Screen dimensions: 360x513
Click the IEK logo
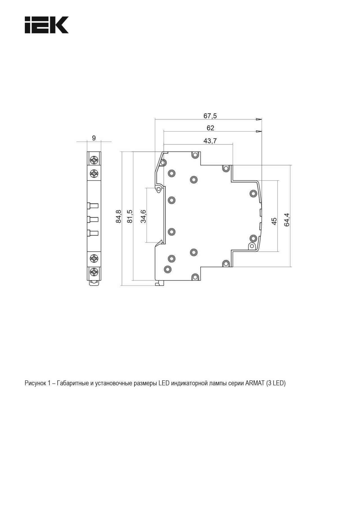click(x=46, y=25)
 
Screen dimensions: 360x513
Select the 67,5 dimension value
click(x=210, y=116)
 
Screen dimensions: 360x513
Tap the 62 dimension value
click(x=210, y=128)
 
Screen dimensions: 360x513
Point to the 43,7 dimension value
click(x=210, y=141)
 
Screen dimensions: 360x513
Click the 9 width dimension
click(x=94, y=138)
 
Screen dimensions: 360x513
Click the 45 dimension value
click(x=274, y=221)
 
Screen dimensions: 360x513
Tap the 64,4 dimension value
click(x=287, y=220)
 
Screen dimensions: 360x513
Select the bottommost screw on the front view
click(x=94, y=272)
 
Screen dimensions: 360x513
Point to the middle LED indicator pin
click(x=93, y=219)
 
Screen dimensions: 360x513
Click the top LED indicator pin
click(x=93, y=205)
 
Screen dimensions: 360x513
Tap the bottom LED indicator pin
click(x=93, y=233)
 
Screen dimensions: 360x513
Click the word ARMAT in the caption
click(x=255, y=383)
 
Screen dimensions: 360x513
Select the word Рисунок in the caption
click(x=35, y=383)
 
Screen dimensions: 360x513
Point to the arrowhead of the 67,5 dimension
click(x=259, y=119)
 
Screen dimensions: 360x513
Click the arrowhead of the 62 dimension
click(x=259, y=132)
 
